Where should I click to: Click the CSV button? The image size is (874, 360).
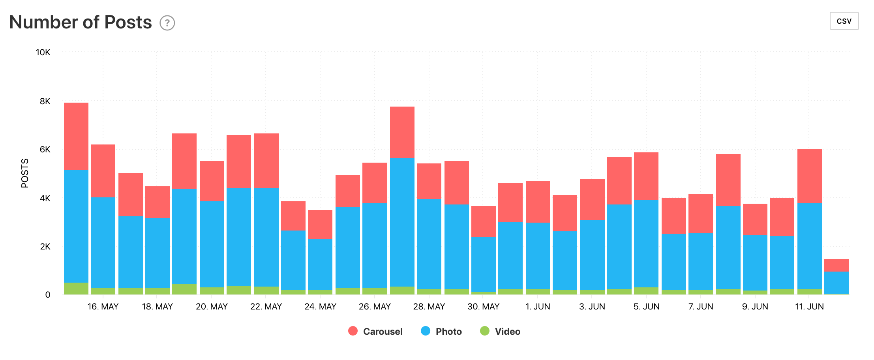pyautogui.click(x=844, y=21)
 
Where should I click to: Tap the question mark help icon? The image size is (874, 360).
pyautogui.click(x=167, y=23)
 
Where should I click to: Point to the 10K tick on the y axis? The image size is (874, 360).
pyautogui.click(x=43, y=52)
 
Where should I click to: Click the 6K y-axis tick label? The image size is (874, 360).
pyautogui.click(x=45, y=150)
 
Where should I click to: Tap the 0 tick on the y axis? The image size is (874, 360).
pyautogui.click(x=48, y=294)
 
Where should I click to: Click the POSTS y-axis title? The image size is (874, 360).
pyautogui.click(x=25, y=173)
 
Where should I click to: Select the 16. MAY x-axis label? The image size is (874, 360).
pyautogui.click(x=103, y=307)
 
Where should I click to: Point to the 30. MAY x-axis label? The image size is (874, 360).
pyautogui.click(x=483, y=307)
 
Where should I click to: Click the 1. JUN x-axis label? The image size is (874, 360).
pyautogui.click(x=538, y=307)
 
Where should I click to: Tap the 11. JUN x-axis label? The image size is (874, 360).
pyautogui.click(x=809, y=307)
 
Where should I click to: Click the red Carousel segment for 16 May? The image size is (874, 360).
pyautogui.click(x=103, y=171)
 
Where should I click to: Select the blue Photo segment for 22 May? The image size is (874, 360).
pyautogui.click(x=266, y=237)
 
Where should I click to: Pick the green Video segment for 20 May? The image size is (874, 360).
pyautogui.click(x=212, y=291)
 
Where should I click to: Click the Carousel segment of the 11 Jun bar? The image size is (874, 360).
pyautogui.click(x=809, y=176)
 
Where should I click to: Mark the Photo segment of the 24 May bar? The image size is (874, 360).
pyautogui.click(x=320, y=264)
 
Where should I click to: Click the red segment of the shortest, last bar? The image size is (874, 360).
pyautogui.click(x=836, y=265)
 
